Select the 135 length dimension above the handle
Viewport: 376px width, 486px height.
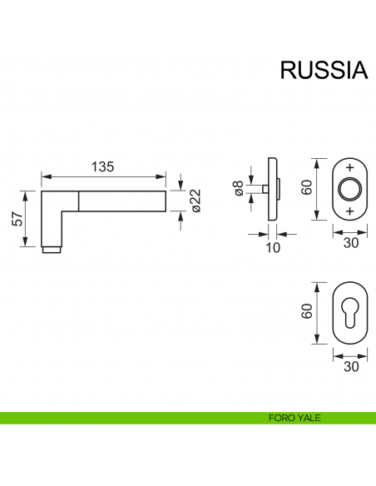101,166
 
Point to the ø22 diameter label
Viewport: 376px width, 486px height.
196,200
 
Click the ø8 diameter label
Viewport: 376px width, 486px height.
239,190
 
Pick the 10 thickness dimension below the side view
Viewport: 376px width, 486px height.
270,247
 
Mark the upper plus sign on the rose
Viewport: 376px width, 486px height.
349,166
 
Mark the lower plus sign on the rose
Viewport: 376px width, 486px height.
349,212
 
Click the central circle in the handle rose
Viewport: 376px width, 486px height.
349,189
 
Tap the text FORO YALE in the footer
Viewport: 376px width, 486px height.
295,418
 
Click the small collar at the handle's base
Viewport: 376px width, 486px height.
52,249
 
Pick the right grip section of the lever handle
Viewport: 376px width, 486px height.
124,200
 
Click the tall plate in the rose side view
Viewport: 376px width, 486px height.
273,189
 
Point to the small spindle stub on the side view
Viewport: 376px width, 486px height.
263,190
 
